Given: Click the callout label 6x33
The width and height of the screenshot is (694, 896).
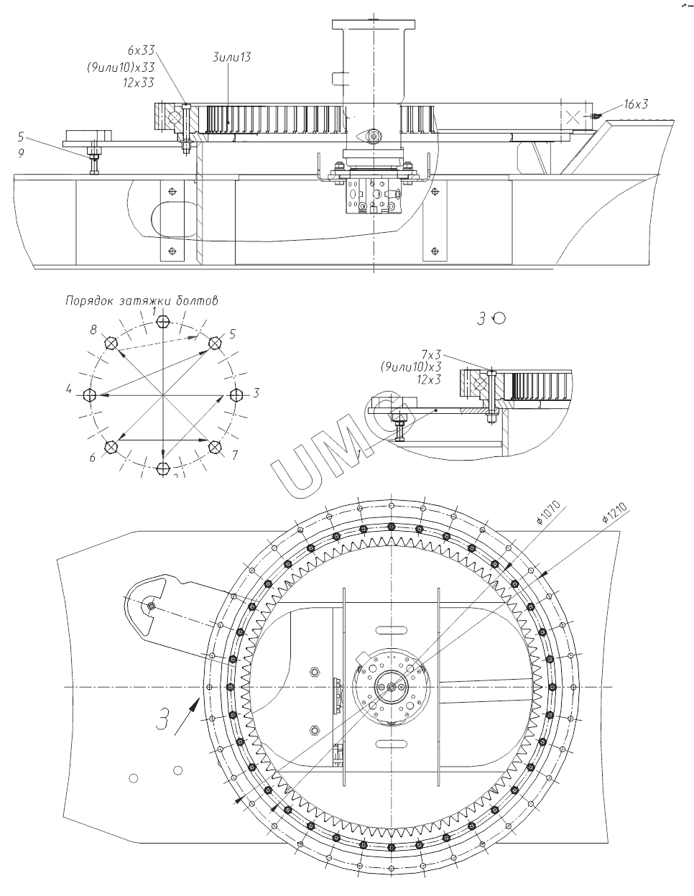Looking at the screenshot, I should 140,50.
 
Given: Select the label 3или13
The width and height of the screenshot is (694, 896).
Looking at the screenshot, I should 232,57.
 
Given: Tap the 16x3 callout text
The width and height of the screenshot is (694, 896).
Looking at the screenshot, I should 636,104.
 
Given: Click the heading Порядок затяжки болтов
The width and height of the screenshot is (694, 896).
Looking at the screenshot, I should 141,301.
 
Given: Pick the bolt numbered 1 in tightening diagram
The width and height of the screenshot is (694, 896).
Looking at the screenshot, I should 164,321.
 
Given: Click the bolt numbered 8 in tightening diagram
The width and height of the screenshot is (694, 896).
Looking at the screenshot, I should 111,343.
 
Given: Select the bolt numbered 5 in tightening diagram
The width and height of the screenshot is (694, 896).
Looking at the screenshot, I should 214,343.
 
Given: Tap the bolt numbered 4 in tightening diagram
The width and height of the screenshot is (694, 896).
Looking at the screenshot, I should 90,395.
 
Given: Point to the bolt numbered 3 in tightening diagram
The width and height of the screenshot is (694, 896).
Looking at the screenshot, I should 236,394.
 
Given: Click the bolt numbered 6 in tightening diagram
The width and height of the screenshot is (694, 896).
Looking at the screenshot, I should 111,447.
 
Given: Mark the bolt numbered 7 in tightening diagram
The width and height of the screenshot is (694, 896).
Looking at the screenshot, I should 214,447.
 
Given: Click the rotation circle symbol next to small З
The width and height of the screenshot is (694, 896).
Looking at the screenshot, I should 499,318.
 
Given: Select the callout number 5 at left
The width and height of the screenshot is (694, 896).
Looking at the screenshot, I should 21,136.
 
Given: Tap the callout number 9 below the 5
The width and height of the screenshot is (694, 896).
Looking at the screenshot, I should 21,152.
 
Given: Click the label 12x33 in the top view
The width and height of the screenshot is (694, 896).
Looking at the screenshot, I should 139,83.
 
